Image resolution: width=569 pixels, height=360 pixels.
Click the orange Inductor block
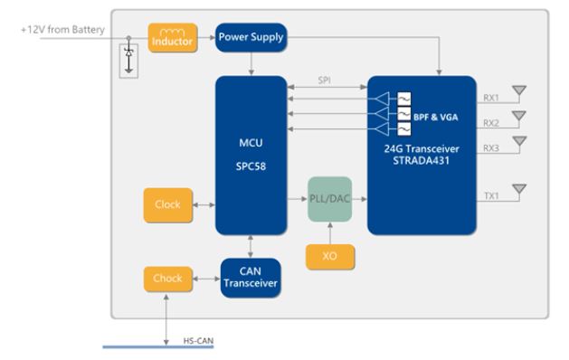coord(173,38)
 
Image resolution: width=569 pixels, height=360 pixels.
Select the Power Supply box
coord(251,37)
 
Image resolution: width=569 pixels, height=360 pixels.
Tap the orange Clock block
coord(167,205)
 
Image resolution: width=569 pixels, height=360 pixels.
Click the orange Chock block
coord(167,279)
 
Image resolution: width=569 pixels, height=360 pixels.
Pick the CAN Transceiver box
coord(251,278)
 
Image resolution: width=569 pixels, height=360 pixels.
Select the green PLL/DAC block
coord(329,199)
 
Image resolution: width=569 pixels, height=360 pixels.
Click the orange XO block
coord(330,257)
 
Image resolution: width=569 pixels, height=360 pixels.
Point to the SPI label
coord(324,81)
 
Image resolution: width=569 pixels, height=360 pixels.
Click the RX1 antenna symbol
coord(519,91)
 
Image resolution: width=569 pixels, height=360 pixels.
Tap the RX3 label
coord(491,148)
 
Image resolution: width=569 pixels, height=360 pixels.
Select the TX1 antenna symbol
coord(519,190)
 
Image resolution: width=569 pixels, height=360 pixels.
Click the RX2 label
coord(491,123)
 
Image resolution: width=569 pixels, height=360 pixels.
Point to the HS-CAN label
coord(198,341)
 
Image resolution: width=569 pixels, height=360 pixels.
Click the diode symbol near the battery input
coord(128,59)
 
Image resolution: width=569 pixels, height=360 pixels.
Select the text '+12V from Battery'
coord(62,29)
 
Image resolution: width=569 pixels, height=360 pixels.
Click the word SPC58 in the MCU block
coord(251,166)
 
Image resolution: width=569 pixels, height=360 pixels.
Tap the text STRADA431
coord(422,160)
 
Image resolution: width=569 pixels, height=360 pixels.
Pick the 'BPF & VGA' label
coord(435,117)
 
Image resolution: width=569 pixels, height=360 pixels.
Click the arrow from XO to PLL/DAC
coord(330,233)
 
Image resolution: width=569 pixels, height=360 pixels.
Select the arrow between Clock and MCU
coord(204,205)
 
